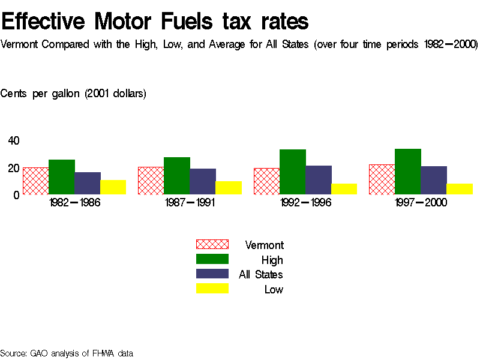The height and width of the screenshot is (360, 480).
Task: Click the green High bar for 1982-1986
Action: pos(61,177)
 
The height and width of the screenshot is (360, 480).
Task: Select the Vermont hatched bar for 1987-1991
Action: pos(151,181)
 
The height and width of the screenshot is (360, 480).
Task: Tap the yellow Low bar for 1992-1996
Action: pos(344,189)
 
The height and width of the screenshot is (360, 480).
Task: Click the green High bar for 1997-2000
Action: pos(408,172)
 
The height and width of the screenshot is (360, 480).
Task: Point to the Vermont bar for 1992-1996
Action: pos(266,181)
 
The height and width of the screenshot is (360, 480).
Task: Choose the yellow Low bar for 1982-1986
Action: pos(113,187)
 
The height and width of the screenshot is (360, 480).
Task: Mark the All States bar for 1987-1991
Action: pos(202,181)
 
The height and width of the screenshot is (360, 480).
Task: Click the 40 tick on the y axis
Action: pos(14,141)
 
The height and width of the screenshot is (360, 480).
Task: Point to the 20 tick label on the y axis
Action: pos(14,168)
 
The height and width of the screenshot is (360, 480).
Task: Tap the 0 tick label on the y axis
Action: pos(17,194)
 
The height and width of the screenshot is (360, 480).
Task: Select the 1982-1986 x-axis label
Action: pos(74,203)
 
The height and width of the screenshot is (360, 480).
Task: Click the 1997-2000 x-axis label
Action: pos(421,203)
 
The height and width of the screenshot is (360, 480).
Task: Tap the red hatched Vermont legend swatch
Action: pos(212,244)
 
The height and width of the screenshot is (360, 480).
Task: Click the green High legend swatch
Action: pos(212,259)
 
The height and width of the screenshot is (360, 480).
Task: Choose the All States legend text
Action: pos(261,275)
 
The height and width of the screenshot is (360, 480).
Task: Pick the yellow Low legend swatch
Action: pos(212,289)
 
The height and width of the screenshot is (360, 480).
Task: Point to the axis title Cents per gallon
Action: pos(73,94)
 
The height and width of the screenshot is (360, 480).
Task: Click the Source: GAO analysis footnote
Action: pos(67,353)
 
